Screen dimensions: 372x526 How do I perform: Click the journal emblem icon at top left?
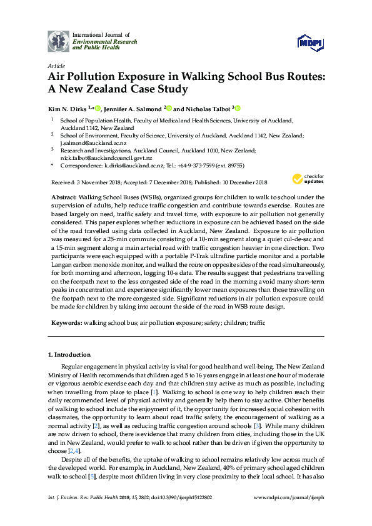pos(59,41)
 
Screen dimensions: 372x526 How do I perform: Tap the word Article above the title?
pos(56,65)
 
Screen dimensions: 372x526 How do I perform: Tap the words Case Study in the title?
pos(157,89)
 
